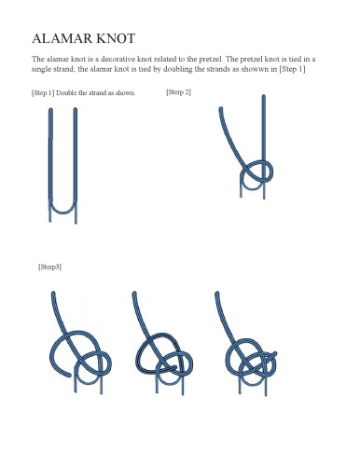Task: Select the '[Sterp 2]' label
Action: tap(178, 91)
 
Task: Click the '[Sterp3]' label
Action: tap(50, 267)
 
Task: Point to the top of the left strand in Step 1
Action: tap(49, 112)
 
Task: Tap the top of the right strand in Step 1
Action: tap(75, 112)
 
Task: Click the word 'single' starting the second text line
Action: tap(43, 70)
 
